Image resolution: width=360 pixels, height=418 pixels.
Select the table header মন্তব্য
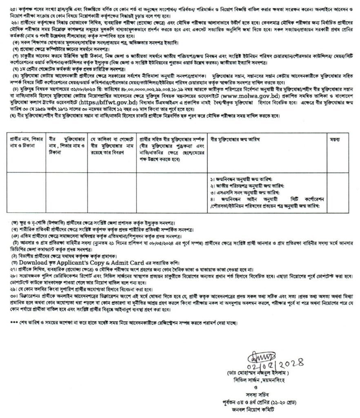(337, 140)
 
